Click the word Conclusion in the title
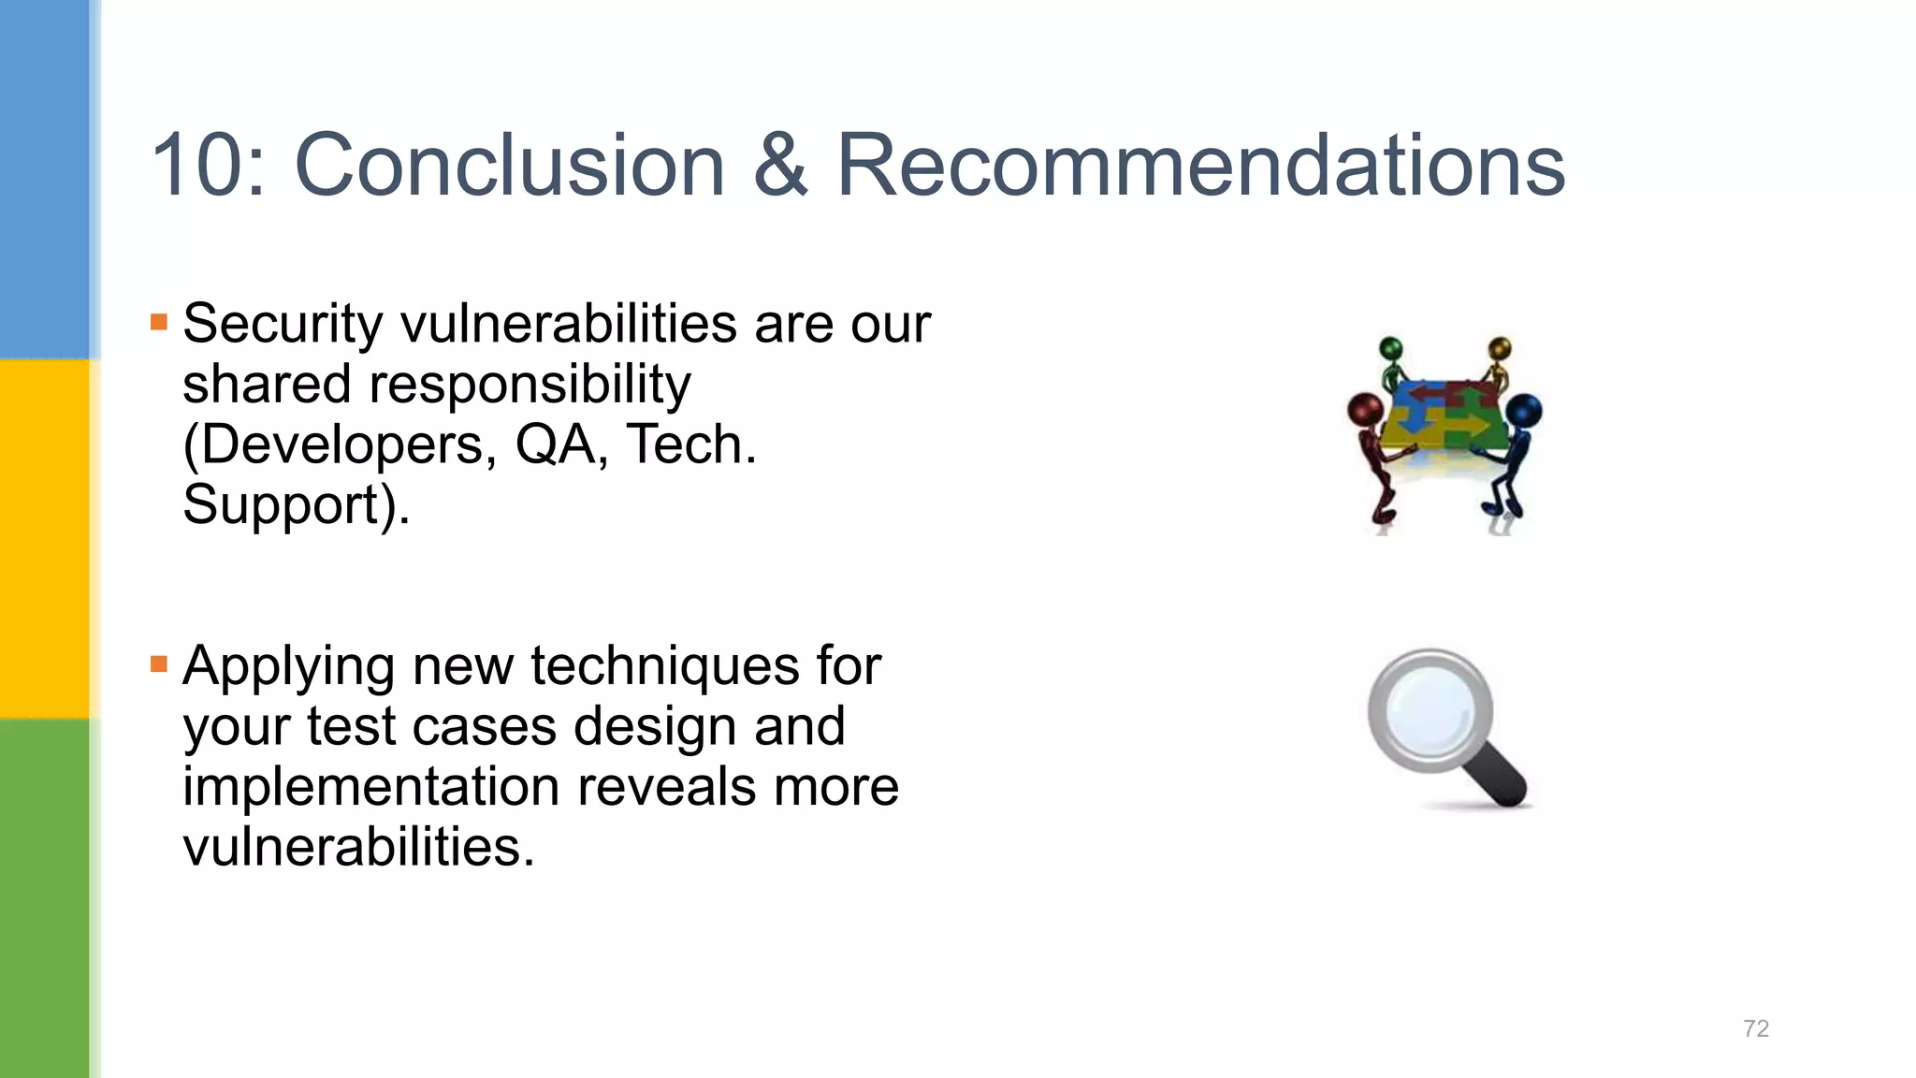point(510,166)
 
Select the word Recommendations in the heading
point(1200,166)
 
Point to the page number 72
point(1756,1028)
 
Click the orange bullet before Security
point(159,323)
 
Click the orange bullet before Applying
point(159,665)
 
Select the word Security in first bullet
point(282,325)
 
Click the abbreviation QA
point(555,444)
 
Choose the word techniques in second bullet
point(665,666)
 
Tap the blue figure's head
point(1524,409)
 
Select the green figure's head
point(1392,348)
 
